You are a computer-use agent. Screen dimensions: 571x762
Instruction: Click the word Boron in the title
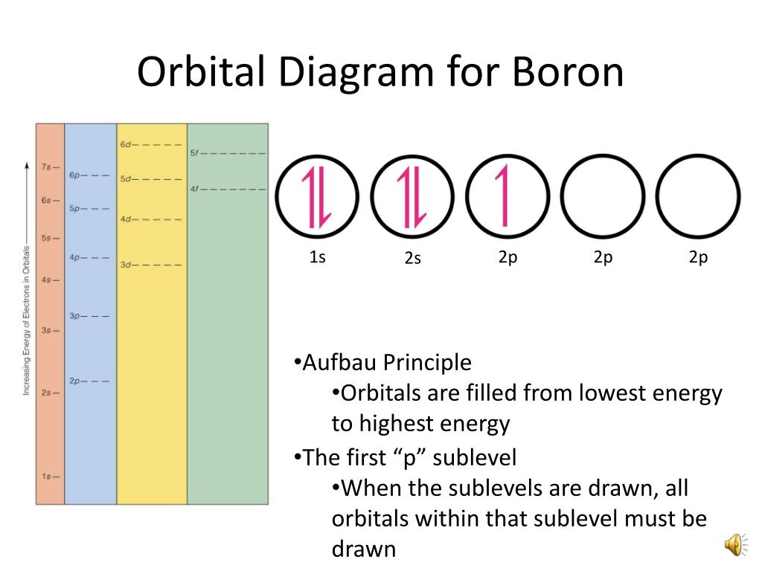tap(566, 72)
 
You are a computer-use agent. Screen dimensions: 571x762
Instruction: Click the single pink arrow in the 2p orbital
tap(505, 195)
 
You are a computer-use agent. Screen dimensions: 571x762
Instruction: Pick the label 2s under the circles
tap(413, 259)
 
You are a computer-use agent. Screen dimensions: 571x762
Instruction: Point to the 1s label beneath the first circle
tap(318, 257)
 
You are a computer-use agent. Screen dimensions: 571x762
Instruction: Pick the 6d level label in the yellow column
tap(125, 144)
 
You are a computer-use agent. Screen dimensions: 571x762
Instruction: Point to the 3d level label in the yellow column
tap(125, 265)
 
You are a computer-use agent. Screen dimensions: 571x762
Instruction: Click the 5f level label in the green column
tap(194, 153)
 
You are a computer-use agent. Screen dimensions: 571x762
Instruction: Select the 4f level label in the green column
tap(194, 189)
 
